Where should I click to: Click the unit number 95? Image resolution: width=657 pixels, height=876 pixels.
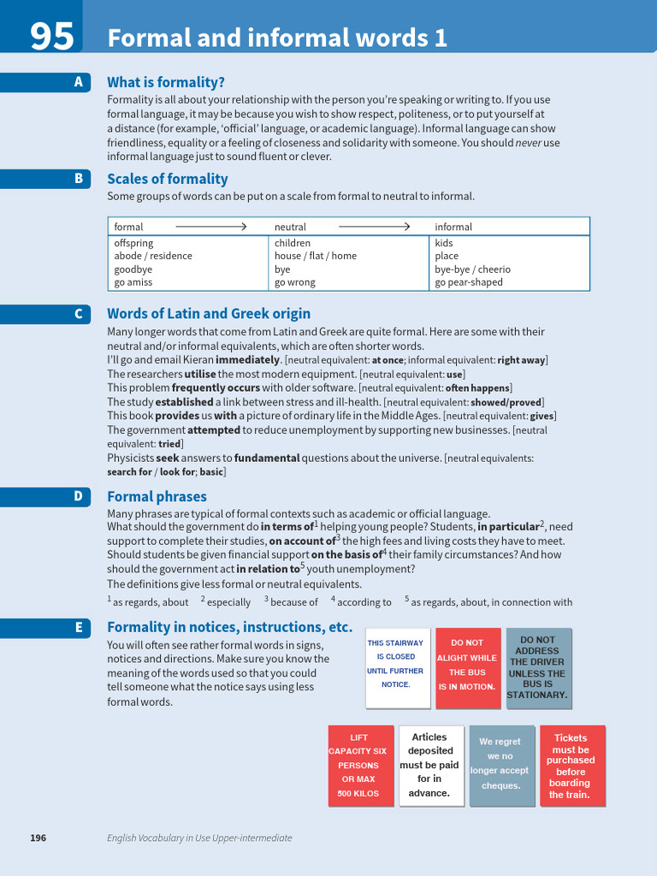tap(51, 36)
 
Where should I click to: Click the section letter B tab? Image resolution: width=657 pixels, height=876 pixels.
tap(79, 178)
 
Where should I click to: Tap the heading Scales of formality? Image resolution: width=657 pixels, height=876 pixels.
tap(167, 179)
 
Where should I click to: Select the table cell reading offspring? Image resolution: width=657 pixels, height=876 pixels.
tap(134, 243)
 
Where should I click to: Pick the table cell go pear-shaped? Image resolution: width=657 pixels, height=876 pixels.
tap(469, 282)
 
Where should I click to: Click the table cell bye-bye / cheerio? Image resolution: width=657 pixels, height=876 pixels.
tap(472, 269)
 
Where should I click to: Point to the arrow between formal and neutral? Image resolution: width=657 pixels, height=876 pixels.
tap(210, 227)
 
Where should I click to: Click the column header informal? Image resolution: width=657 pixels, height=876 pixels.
tap(453, 227)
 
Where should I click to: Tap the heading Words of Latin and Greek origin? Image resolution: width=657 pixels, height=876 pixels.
tap(209, 313)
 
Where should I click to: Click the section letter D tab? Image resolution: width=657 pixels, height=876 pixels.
tap(79, 496)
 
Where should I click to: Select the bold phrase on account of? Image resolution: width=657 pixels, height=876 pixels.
tap(302, 541)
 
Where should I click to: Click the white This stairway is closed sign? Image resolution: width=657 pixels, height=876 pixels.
tap(397, 668)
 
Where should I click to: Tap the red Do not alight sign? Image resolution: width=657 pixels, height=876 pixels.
tap(467, 668)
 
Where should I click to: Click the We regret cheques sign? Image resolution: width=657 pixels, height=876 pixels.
tap(501, 766)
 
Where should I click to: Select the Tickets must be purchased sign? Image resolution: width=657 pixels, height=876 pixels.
tap(571, 766)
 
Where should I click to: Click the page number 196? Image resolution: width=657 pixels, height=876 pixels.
tap(38, 838)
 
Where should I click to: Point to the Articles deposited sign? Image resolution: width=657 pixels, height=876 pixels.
tap(430, 766)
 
